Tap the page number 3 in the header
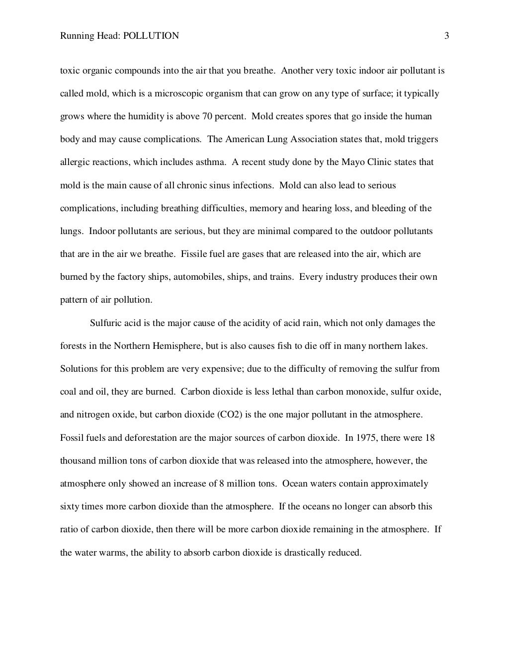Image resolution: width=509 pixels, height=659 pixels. [446, 36]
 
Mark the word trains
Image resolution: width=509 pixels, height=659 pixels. [280, 277]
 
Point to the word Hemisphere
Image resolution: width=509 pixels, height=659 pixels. [177, 346]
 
